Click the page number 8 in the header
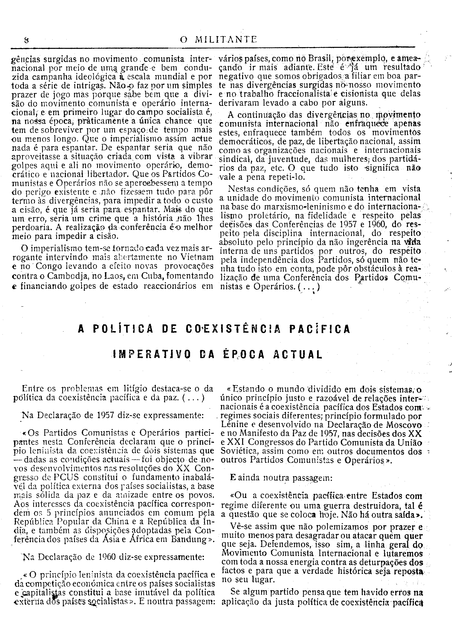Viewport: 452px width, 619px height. point(27,40)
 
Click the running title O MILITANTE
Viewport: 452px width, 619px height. point(218,40)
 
